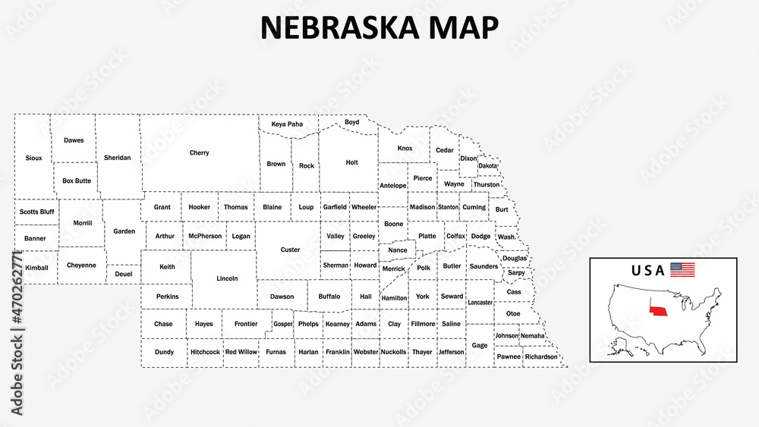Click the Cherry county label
(200, 153)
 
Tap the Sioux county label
(33, 158)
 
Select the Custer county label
(290, 250)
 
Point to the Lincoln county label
(227, 278)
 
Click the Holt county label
(351, 162)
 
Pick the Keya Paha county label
(287, 124)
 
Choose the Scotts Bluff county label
(37, 212)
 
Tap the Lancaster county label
(480, 303)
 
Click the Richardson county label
(541, 356)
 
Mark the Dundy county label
(164, 352)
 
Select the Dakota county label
(488, 165)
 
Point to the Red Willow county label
(241, 352)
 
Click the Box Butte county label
(77, 181)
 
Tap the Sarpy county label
(516, 273)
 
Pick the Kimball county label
(36, 268)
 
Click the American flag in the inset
(682, 269)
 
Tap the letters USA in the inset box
(648, 270)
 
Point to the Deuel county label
(123, 274)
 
